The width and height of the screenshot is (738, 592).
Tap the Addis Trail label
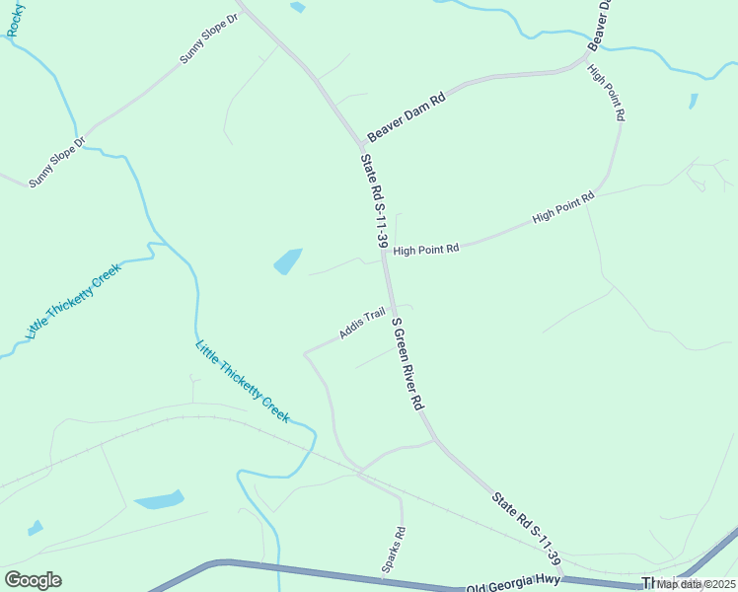[362, 325]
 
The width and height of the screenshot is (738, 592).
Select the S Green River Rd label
[407, 364]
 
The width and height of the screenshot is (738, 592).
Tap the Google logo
[33, 580]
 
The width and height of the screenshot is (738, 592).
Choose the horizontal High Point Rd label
[426, 250]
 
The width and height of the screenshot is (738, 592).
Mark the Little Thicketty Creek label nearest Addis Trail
[243, 382]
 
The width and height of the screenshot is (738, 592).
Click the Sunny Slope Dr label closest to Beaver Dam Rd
[209, 39]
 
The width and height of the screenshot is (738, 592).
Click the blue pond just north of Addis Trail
[287, 261]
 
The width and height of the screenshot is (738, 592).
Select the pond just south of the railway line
[159, 500]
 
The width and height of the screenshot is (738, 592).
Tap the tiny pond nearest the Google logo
[36, 528]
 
